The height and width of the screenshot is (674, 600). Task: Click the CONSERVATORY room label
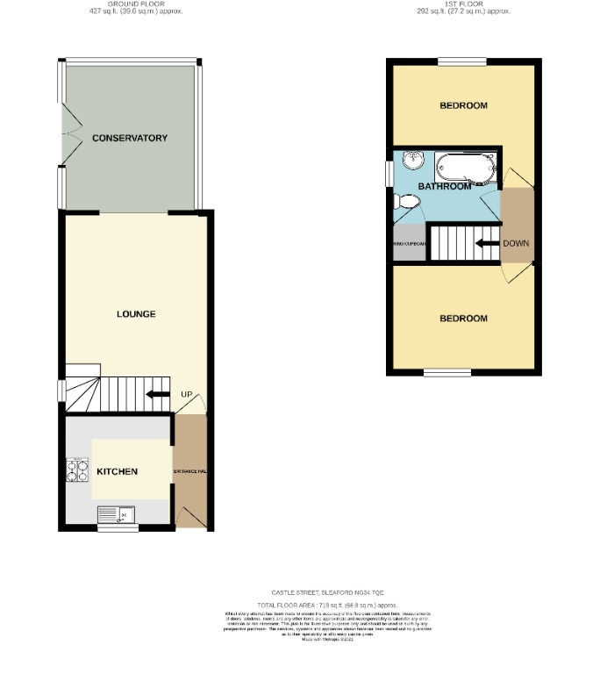coord(130,139)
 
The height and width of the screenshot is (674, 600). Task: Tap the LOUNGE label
coord(136,314)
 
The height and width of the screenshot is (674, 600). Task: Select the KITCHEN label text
coord(117,472)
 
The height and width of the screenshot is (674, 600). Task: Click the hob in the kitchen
coord(77,472)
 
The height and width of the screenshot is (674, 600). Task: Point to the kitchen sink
coord(115,514)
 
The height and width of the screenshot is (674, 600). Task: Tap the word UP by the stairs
coord(186,394)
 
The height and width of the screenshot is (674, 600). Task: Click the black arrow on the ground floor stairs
coord(158,394)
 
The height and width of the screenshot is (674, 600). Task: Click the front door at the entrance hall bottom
coord(194,518)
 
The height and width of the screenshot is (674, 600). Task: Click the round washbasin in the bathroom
coord(414,161)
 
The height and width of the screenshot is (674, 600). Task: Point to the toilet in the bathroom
coord(408,203)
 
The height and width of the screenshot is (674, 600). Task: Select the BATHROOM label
coord(445,186)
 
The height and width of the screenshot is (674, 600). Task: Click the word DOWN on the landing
coord(516,243)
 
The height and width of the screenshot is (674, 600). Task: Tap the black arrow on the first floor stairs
coord(487,243)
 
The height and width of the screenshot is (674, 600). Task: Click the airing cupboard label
coord(409,243)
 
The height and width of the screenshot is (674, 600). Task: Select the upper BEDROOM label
coord(463,105)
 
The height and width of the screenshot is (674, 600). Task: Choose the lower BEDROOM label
coord(463,319)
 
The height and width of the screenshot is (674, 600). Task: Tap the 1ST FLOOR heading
coord(463,4)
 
